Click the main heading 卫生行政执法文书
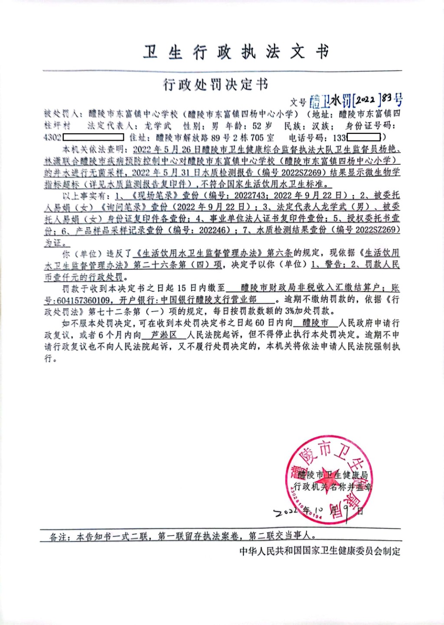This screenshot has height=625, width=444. coord(236,52)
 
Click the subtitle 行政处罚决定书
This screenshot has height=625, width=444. coord(215,85)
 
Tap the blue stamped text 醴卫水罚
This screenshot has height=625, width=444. coord(330,101)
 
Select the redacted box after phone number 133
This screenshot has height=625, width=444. coord(363,138)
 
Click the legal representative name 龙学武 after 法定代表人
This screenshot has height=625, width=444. coord(158,126)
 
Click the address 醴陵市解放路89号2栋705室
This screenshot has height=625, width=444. coord(215,138)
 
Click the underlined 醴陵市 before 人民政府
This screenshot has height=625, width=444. coord(316,323)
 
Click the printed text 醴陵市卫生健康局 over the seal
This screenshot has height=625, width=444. coord(333,475)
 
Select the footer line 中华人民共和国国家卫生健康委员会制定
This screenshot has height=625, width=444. coord(320,551)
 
